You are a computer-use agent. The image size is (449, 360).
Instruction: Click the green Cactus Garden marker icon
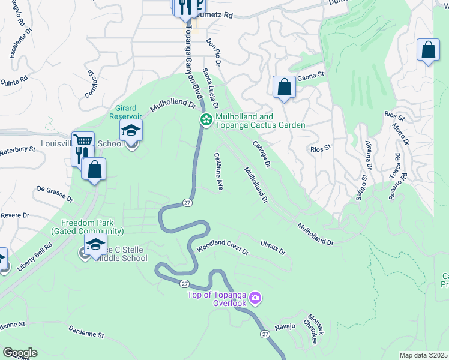[x=206, y=121]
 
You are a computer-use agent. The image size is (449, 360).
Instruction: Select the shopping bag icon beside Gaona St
[x=284, y=87]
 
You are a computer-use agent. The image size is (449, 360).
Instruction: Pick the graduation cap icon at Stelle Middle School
[x=95, y=245]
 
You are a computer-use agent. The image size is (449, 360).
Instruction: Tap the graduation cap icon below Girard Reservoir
[x=131, y=130]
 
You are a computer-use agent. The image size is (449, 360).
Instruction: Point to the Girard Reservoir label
[x=127, y=112]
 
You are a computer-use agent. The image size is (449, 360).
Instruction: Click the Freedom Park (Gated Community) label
[x=87, y=226]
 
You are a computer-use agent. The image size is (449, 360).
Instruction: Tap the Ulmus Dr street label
[x=273, y=247]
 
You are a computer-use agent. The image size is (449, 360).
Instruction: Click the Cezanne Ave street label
[x=219, y=171]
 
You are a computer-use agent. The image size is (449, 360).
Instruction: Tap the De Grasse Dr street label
[x=55, y=193]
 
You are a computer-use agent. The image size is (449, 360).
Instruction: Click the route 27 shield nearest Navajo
[x=264, y=334]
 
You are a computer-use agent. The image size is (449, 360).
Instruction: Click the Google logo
[x=19, y=353]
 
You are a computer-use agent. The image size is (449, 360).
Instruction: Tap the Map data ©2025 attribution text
[x=423, y=355]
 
